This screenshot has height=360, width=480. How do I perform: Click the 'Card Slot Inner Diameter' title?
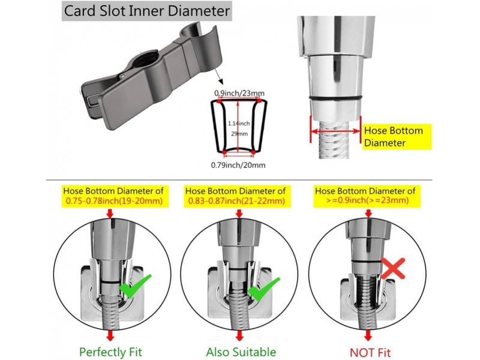coord(146,11)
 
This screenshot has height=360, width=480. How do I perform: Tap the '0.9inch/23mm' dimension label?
coord(239,93)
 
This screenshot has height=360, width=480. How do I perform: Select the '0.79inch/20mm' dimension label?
coord(238,166)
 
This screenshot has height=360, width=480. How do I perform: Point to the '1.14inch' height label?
coord(239,124)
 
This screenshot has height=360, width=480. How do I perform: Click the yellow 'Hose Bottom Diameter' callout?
coord(397,137)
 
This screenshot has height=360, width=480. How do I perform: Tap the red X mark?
coord(394,268)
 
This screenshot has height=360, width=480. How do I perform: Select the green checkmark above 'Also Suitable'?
coord(263,289)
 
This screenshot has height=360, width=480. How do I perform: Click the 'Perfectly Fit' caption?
coord(110,352)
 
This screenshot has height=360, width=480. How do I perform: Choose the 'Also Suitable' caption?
coord(241,352)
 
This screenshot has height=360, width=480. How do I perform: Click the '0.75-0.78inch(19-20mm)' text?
coord(114,201)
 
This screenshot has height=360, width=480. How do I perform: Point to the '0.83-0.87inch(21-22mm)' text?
coord(236,201)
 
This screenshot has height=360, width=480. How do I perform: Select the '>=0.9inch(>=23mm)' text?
coord(367,200)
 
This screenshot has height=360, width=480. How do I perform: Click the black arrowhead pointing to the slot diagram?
coord(220,82)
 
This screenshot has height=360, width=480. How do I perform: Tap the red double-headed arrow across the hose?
coord(335,131)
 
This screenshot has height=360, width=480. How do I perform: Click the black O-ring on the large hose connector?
coord(335,98)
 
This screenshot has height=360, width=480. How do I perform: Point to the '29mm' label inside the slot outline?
coord(239,134)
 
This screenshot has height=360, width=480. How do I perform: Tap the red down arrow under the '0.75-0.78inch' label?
coord(110,214)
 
